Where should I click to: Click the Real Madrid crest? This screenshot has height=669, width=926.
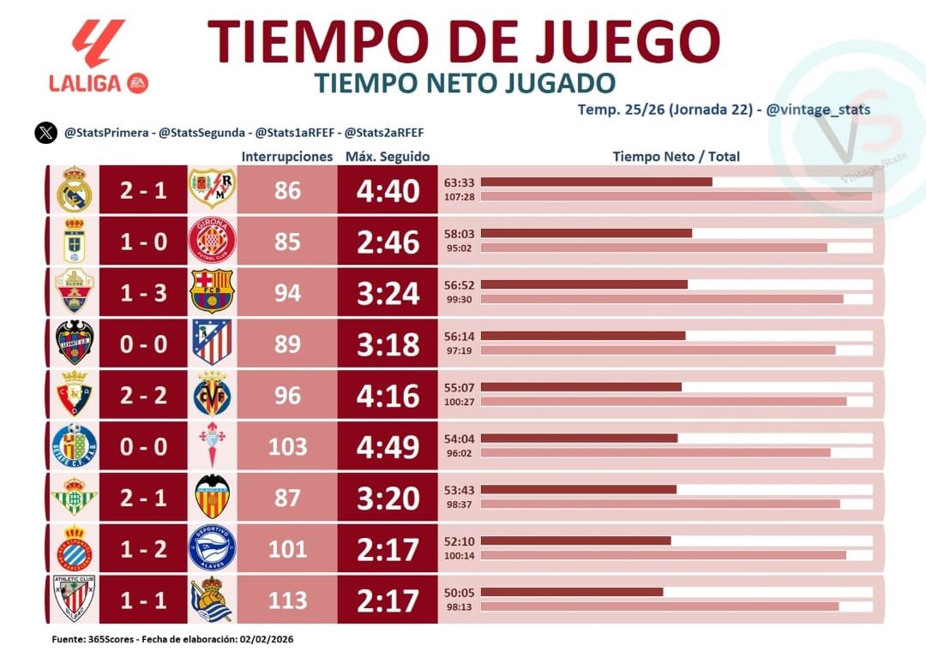[74, 190]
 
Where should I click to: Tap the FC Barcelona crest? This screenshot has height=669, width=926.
[211, 292]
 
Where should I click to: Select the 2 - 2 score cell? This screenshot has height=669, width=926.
[143, 396]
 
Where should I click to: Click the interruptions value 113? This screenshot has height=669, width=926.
[287, 600]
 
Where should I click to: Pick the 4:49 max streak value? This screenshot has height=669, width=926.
[388, 447]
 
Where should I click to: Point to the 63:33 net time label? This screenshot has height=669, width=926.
[459, 182]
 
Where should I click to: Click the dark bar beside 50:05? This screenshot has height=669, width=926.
[572, 592]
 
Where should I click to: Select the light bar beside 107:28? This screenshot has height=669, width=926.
[676, 197]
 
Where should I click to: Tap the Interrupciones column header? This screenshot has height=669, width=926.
[286, 157]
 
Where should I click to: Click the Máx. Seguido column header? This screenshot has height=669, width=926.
[388, 157]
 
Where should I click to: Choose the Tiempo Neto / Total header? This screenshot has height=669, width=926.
[676, 157]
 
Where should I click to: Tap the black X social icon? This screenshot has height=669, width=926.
[45, 133]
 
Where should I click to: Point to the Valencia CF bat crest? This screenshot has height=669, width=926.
[212, 498]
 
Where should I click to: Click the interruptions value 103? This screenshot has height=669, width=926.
[287, 447]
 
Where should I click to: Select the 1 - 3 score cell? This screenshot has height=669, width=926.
[143, 293]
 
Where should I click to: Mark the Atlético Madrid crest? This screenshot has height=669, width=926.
[212, 343]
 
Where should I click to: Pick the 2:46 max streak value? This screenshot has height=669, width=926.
[388, 242]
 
